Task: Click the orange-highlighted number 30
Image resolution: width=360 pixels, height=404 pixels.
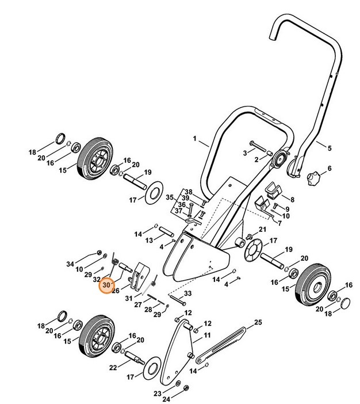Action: (106, 285)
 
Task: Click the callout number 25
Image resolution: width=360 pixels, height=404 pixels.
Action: (258, 322)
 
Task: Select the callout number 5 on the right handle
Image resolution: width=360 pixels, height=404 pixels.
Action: (330, 148)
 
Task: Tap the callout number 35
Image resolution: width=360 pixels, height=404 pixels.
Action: (170, 197)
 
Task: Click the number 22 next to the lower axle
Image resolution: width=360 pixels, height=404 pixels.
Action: (113, 367)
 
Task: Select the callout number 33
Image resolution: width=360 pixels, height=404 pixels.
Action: (187, 294)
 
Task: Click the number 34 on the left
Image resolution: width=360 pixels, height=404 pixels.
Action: (70, 264)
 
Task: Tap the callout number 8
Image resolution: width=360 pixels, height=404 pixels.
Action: (292, 199)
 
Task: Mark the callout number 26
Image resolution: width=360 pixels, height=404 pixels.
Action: (115, 291)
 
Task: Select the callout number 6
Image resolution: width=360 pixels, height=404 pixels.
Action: (330, 169)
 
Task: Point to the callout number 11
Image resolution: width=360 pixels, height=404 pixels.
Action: (207, 335)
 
